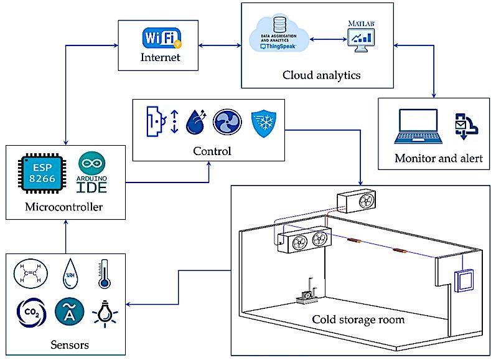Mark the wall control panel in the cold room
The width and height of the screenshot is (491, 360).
462,281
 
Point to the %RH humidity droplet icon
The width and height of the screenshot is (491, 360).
67,274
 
